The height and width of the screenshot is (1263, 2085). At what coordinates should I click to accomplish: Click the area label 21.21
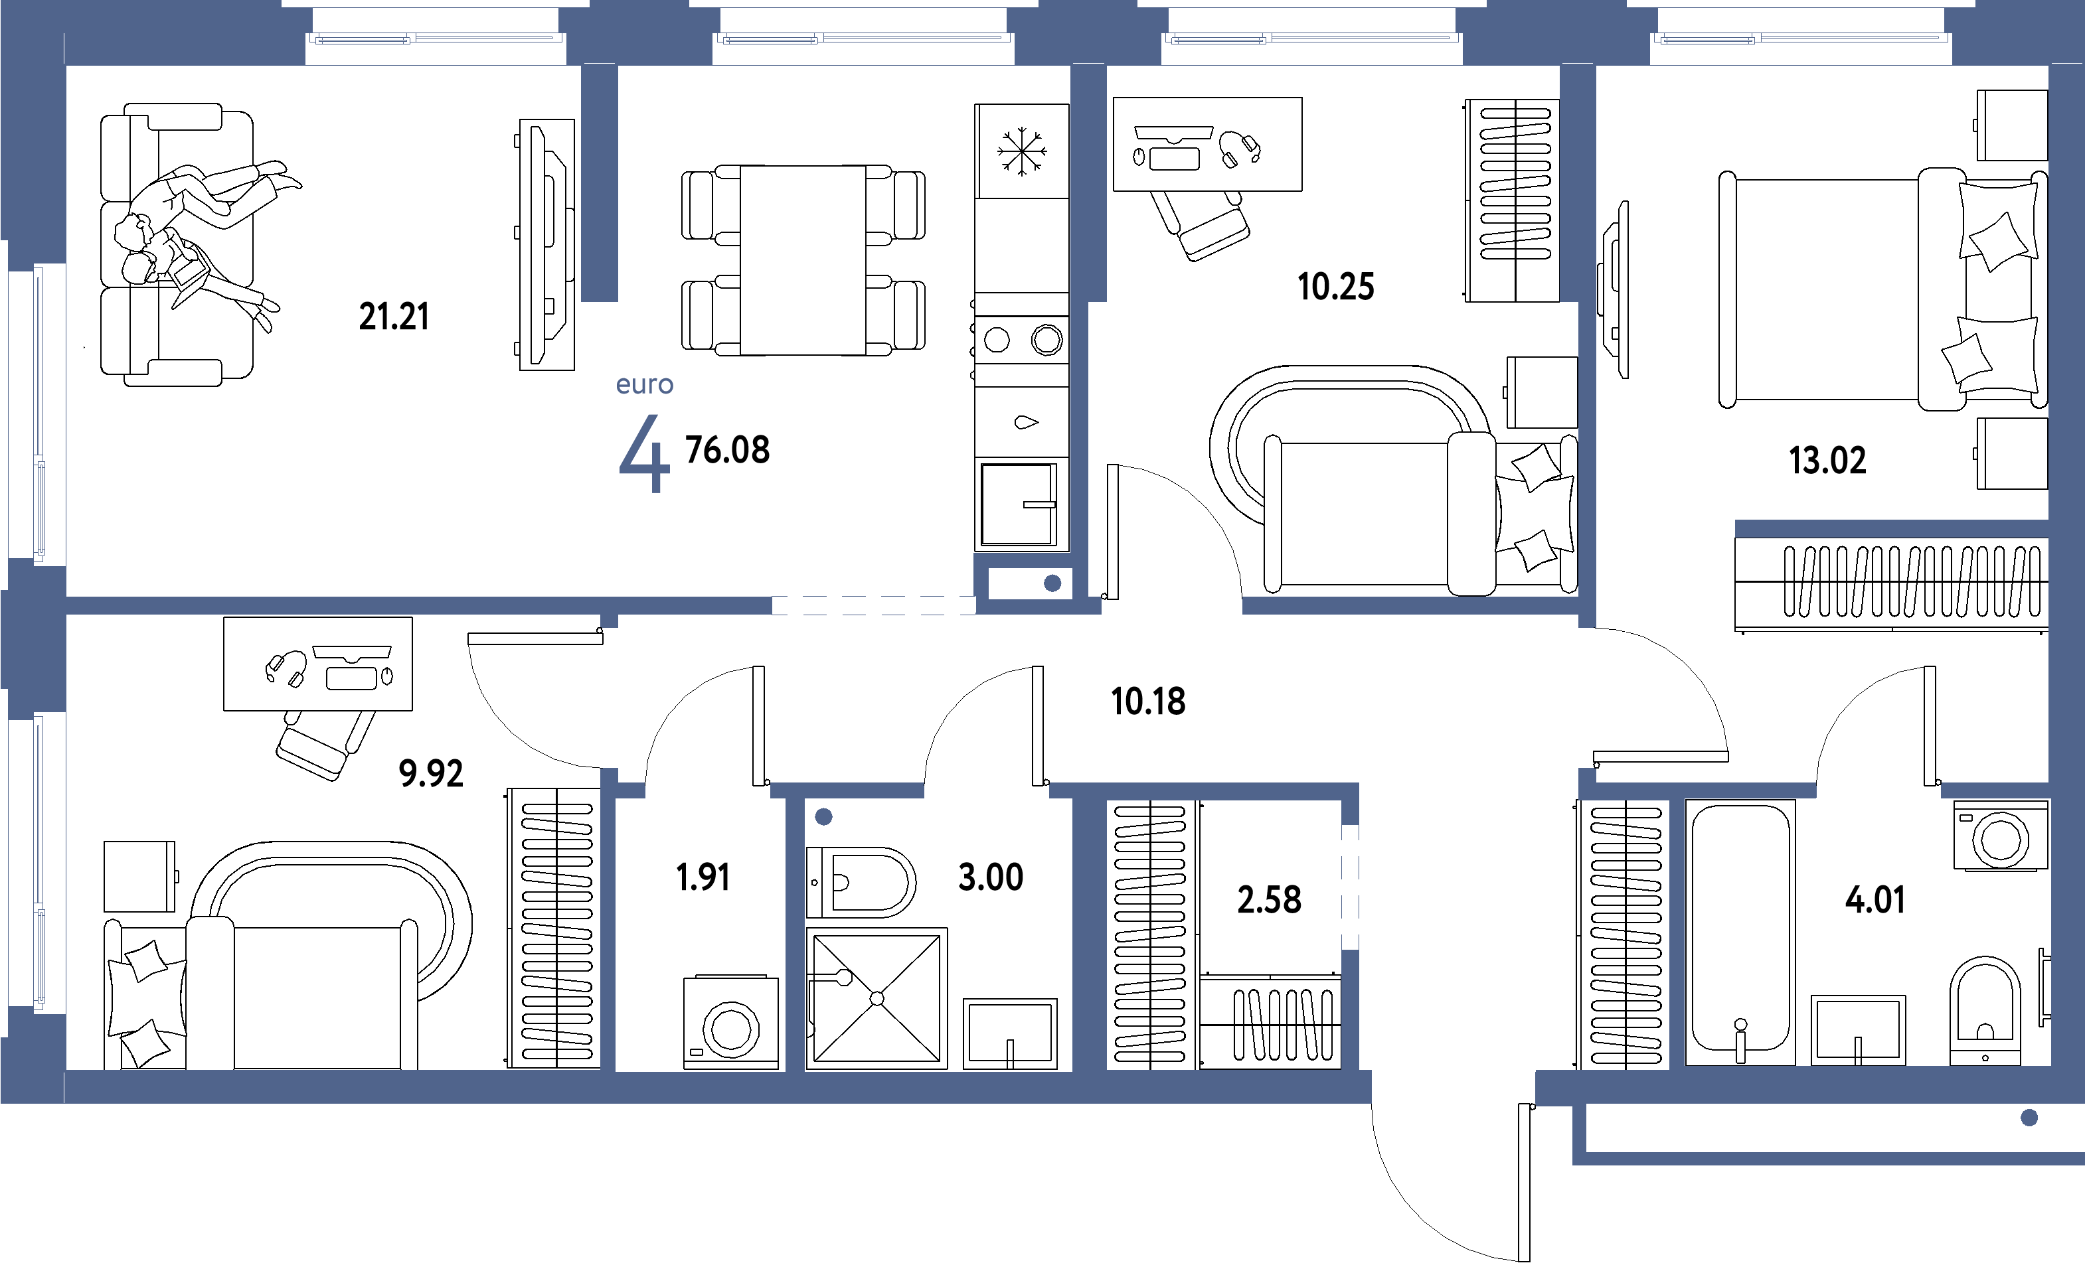[x=394, y=317]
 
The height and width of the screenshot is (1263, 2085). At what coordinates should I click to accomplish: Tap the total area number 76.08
[x=728, y=450]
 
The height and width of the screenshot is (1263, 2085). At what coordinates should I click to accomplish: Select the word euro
[x=645, y=384]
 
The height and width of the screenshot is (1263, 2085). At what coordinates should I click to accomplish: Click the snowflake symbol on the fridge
[x=1021, y=151]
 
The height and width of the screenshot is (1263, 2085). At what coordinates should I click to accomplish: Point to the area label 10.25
[x=1336, y=287]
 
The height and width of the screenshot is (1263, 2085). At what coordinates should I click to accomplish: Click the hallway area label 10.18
[x=1148, y=702]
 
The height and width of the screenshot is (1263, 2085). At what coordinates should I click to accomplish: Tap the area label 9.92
[x=431, y=773]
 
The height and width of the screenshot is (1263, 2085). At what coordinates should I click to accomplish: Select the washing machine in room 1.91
[x=731, y=1023]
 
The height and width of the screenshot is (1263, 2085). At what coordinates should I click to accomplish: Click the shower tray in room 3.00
[x=876, y=998]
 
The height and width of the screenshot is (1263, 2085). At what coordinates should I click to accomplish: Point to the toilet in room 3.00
[x=861, y=882]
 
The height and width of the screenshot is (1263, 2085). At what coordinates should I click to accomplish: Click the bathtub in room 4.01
[x=1740, y=931]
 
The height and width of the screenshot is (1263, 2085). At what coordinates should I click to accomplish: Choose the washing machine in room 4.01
[x=2001, y=836]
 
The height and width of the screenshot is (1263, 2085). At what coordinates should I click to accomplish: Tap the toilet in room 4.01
[x=1985, y=1010]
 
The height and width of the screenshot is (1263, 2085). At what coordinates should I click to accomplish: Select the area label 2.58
[x=1270, y=899]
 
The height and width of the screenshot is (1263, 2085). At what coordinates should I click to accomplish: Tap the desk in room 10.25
[x=1207, y=144]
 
